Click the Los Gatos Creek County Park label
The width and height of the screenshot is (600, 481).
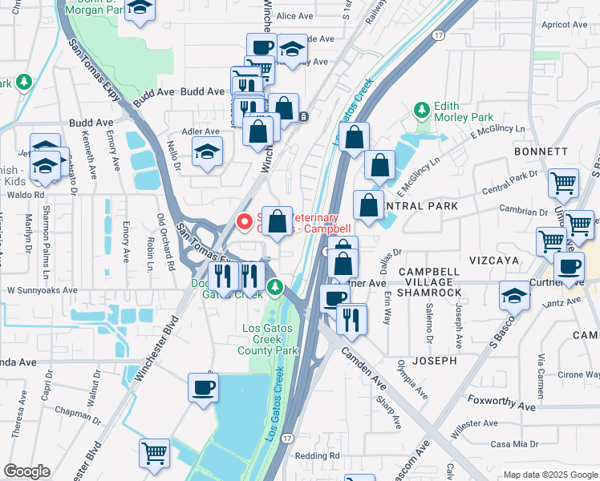(x=270, y=339)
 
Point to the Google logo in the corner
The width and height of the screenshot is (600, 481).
(x=26, y=471)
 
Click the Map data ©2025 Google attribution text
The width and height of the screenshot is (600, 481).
(x=550, y=475)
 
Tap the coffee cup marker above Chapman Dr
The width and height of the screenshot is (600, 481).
(x=202, y=389)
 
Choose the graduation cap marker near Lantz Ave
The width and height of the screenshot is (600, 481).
(x=513, y=296)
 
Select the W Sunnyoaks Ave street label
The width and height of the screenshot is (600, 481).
(x=42, y=291)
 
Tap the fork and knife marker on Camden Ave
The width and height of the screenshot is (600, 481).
(x=351, y=318)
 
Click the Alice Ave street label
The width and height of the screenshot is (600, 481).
(x=294, y=16)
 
